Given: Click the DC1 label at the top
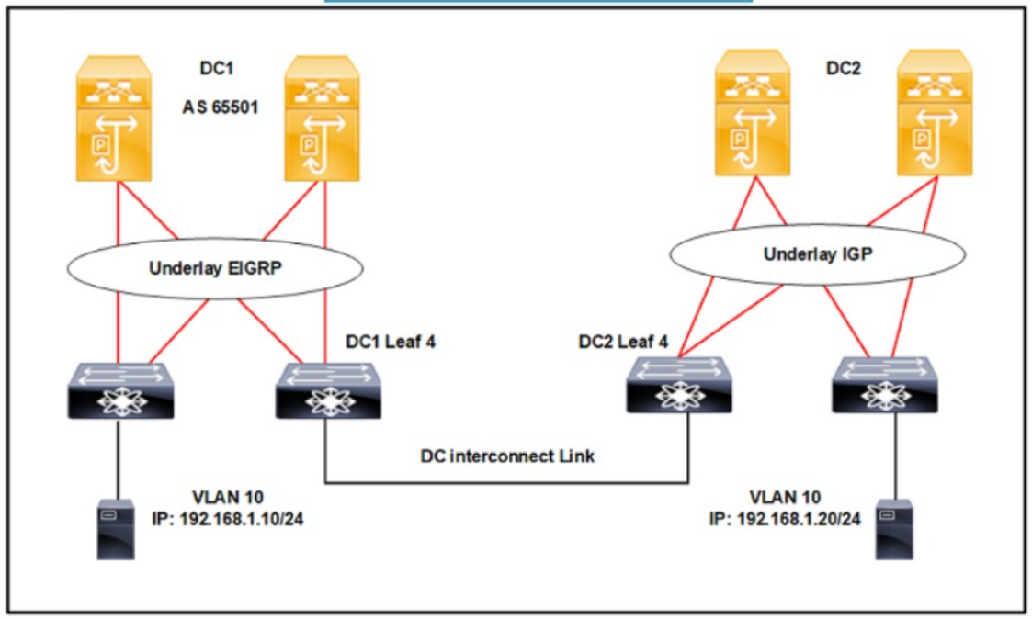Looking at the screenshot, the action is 217,68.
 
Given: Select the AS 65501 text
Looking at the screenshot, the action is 221,107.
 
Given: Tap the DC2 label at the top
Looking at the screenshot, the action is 843,68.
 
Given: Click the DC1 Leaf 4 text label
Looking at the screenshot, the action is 391,342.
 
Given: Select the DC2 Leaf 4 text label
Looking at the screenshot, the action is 623,342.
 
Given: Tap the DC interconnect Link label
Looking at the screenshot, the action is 506,456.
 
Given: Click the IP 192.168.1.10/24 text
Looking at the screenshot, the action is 228,519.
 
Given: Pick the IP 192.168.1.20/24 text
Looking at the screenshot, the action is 785,519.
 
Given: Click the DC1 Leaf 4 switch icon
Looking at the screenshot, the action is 328,390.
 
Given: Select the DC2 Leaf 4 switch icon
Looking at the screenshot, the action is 678,385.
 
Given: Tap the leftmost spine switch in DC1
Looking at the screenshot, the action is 114,118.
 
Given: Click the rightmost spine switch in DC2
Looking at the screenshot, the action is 935,113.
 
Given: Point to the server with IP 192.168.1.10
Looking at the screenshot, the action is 116,530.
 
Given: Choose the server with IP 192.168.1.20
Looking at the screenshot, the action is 894,530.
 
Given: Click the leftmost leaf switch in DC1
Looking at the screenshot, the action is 120,390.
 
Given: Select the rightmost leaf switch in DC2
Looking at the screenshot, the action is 885,385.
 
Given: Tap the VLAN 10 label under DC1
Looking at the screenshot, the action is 228,497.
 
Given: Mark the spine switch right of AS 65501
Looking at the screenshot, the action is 322,118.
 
